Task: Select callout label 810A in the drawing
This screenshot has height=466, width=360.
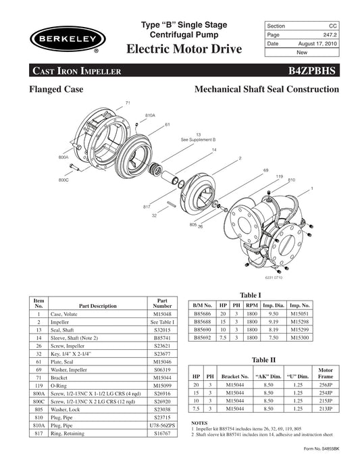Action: click(150, 115)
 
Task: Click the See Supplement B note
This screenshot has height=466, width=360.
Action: click(198, 139)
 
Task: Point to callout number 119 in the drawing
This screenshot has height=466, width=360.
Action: click(278, 176)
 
